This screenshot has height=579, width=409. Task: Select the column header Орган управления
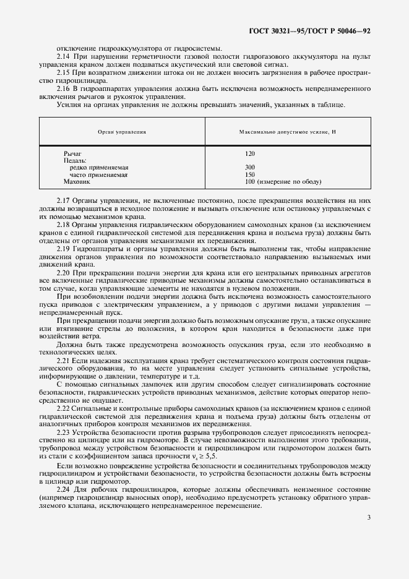point(122,132)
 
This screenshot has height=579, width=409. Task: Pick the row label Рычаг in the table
point(72,153)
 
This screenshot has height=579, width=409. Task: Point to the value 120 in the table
point(250,153)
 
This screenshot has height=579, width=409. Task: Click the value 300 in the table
point(250,168)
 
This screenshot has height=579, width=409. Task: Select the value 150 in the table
point(250,175)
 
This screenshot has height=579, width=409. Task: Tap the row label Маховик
point(77,182)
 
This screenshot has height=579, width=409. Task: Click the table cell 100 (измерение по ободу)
point(283,182)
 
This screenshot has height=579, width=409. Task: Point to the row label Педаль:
point(75,160)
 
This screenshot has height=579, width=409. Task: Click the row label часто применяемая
point(99,175)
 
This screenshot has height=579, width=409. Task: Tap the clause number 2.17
point(64,201)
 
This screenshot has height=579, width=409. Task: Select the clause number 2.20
point(64,273)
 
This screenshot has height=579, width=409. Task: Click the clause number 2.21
point(64,360)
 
